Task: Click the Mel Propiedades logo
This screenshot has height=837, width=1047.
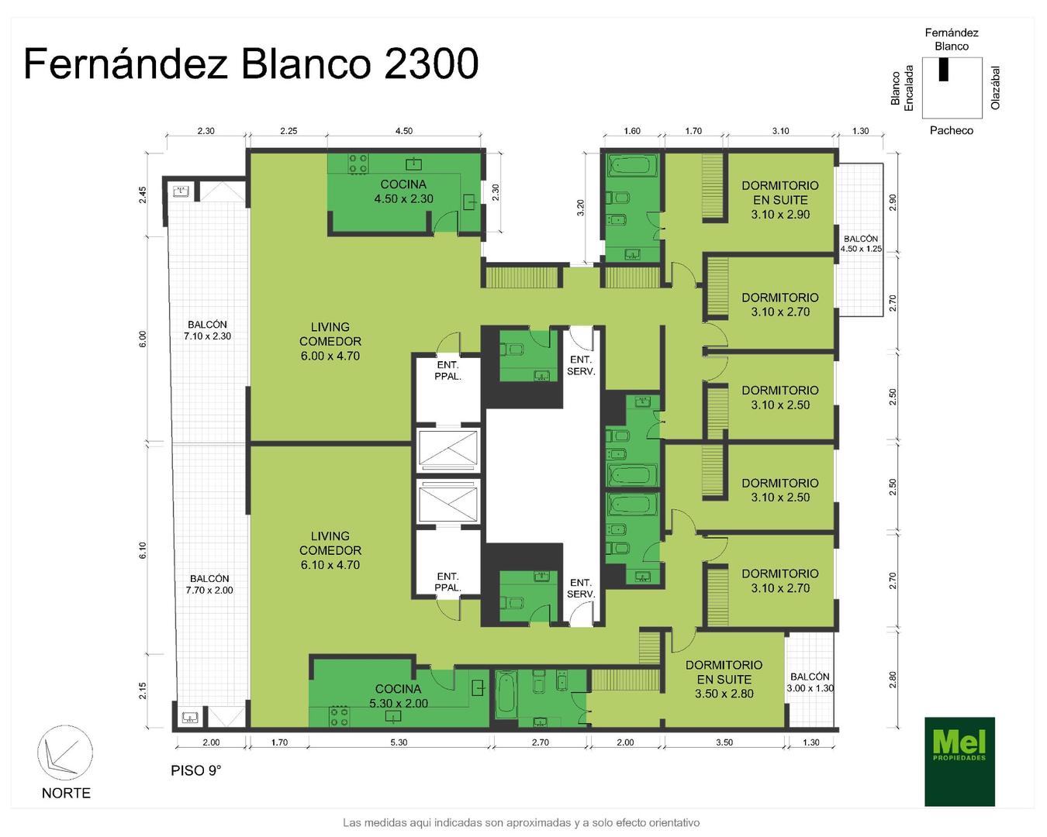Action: coord(959,761)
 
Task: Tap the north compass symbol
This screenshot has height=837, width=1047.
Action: coord(65,753)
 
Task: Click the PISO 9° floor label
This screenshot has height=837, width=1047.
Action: coord(195,770)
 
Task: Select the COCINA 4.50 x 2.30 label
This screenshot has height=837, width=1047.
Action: coord(403,191)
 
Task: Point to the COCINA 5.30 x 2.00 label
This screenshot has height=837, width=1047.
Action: coord(399,696)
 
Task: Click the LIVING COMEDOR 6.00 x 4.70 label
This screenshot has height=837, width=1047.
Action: coord(330,342)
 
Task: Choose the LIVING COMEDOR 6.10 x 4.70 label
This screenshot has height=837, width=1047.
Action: coord(330,550)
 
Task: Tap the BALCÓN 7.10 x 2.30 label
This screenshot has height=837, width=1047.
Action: coord(207,330)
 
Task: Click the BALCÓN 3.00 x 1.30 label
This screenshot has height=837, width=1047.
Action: coord(810,682)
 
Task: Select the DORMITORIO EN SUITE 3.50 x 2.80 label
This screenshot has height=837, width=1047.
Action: coord(724,679)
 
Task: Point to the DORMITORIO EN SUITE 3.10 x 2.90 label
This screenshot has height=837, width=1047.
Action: coord(780,200)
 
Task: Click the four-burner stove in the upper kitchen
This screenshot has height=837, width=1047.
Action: coord(358,164)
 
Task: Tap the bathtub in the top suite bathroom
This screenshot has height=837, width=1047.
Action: coord(631,166)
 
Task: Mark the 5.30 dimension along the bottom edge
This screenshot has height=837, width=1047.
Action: coord(399,742)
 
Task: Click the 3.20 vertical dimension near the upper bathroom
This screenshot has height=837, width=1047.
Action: coord(580,208)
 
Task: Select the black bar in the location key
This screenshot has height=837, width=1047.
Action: coord(944,70)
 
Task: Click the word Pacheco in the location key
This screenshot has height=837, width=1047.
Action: coord(951,130)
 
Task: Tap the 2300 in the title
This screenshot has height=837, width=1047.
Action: coord(431,64)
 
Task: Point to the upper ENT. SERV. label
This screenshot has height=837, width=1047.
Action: coord(581,365)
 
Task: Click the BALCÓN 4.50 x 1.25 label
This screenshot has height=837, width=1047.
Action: coord(861,243)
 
